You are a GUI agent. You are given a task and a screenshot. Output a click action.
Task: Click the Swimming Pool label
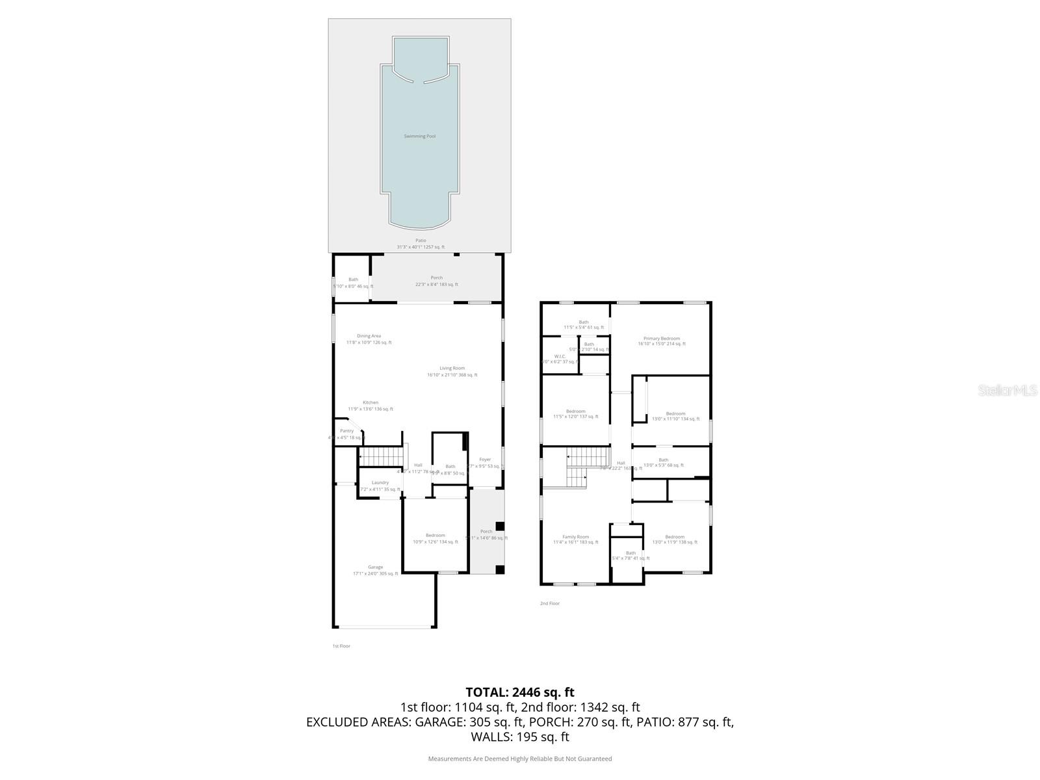pos(420,136)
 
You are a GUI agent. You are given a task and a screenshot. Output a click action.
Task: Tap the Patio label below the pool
pos(421,240)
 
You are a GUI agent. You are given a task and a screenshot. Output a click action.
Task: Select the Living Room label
pos(452,369)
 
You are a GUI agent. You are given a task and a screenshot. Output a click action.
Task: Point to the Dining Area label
pos(369,336)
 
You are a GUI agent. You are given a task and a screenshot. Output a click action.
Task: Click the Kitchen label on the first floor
pos(370,402)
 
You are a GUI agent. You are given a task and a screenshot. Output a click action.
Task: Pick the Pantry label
pos(347,431)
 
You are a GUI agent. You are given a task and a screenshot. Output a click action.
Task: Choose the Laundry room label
pos(380,482)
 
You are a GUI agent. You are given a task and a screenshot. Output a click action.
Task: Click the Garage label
pos(375,567)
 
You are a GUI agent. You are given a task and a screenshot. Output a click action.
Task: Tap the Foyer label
pos(485,460)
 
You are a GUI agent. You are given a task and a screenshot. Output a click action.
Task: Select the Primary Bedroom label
pos(662,339)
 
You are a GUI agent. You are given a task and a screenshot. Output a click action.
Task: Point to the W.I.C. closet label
pos(560,356)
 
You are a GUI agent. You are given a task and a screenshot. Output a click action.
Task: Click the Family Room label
pos(575,537)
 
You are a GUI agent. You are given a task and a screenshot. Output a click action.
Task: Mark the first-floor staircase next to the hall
pos(382,457)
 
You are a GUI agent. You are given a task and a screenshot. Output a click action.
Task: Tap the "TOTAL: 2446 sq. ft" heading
pos(520,692)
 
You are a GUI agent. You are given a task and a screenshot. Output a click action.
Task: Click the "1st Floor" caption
pos(341,646)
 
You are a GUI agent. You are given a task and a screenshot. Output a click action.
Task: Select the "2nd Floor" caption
pos(550,603)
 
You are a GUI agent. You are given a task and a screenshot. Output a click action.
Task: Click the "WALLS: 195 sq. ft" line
pos(520,737)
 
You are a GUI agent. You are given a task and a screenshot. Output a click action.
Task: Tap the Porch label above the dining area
pos(437,278)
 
